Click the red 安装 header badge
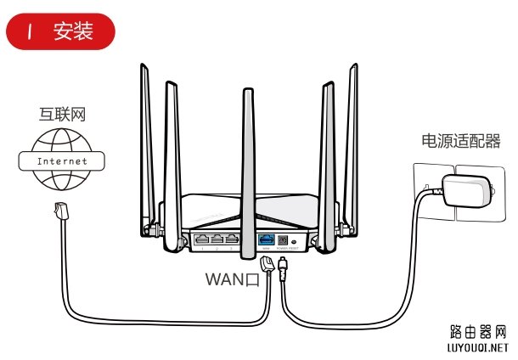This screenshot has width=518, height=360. tap(59, 33)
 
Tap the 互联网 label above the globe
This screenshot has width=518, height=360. tap(63, 115)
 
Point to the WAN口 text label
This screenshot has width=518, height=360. tap(232, 279)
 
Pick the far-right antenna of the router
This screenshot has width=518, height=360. tap(350, 144)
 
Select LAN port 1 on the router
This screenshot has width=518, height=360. tap(204, 240)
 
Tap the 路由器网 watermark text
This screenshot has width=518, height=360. tap(476, 331)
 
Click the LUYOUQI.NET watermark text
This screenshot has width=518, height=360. tap(476, 346)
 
